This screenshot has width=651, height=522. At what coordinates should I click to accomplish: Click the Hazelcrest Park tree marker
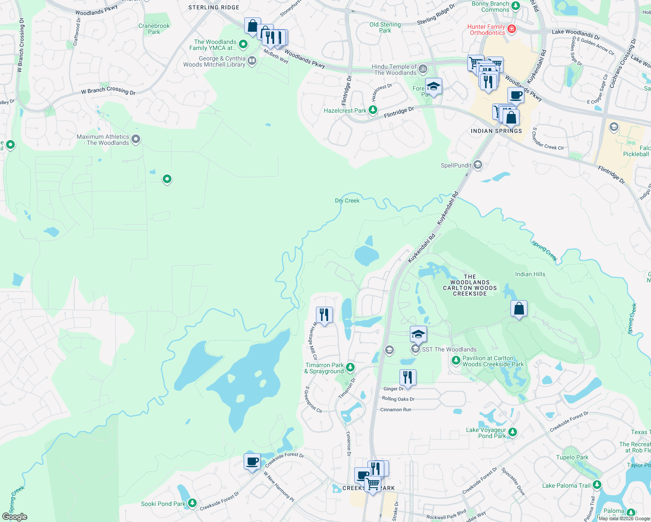[x=373, y=110]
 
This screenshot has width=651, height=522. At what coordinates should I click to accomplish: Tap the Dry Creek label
[x=347, y=201]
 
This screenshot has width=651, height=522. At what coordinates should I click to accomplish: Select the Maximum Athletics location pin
[x=136, y=140]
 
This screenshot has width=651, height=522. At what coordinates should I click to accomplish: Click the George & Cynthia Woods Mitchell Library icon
[x=252, y=61]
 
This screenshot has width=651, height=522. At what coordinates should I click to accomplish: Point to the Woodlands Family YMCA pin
[x=243, y=44]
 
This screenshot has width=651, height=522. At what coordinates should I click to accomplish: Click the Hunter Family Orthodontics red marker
[x=512, y=29]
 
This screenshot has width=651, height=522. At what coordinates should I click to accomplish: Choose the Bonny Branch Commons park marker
[x=516, y=6]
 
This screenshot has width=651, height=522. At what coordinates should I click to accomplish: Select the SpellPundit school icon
[x=478, y=165]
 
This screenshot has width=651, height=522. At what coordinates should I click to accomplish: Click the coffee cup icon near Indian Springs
[x=516, y=95]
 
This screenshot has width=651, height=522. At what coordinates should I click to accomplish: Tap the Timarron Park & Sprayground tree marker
[x=350, y=368]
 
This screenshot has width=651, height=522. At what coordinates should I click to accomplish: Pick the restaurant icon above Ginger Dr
[x=408, y=377]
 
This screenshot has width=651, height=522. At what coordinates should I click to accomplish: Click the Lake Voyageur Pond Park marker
[x=513, y=432]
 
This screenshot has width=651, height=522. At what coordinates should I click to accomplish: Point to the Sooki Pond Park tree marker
[x=192, y=503]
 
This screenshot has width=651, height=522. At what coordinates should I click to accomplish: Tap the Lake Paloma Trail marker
[x=597, y=485]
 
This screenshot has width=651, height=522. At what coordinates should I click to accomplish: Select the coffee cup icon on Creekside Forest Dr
[x=252, y=461]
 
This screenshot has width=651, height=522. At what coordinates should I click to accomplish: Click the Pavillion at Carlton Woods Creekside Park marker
[x=456, y=361]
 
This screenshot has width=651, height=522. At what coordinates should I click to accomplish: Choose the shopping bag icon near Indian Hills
[x=519, y=308]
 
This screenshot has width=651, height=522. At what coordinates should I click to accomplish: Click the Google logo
[x=15, y=516]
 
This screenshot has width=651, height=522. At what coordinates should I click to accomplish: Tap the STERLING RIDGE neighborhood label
[x=214, y=7]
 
